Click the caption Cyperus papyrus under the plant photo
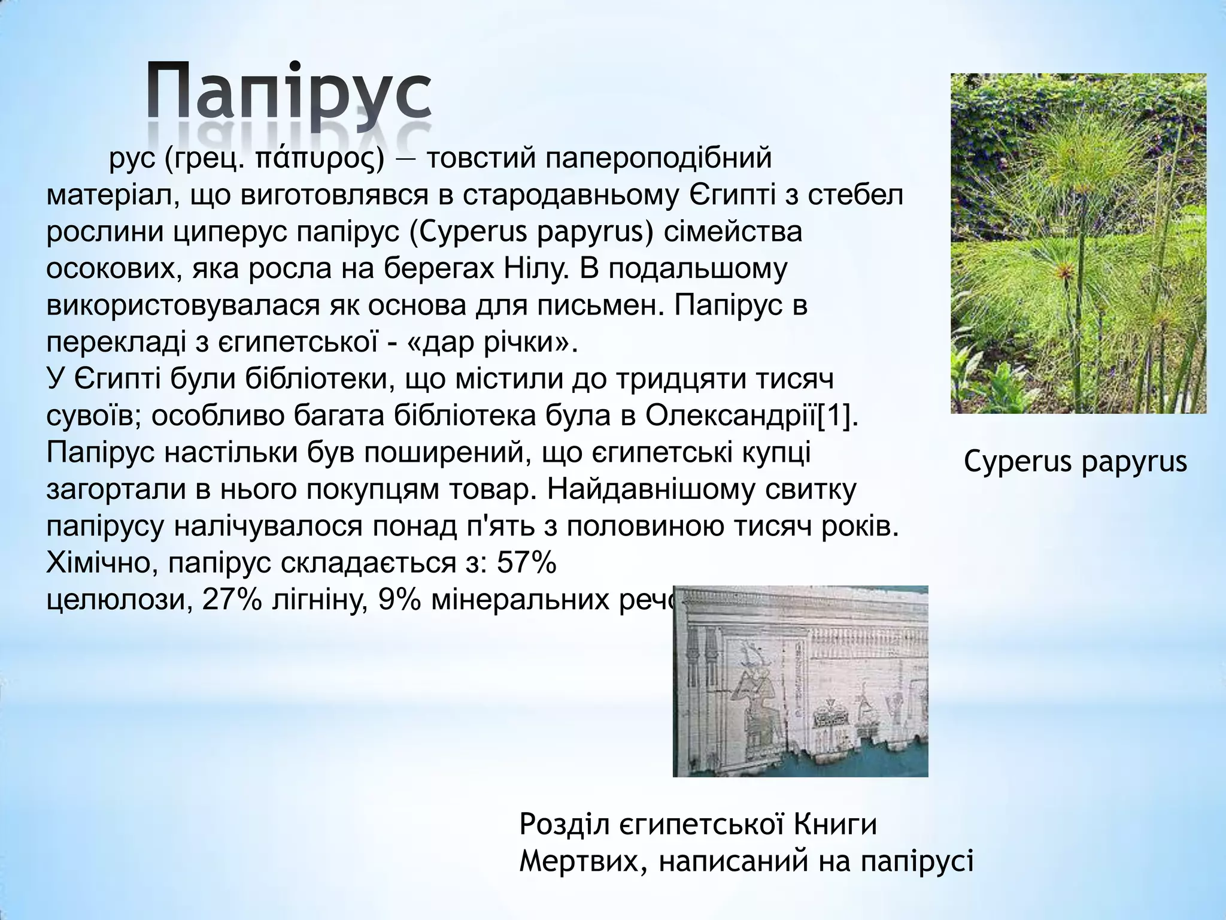click(1075, 462)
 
